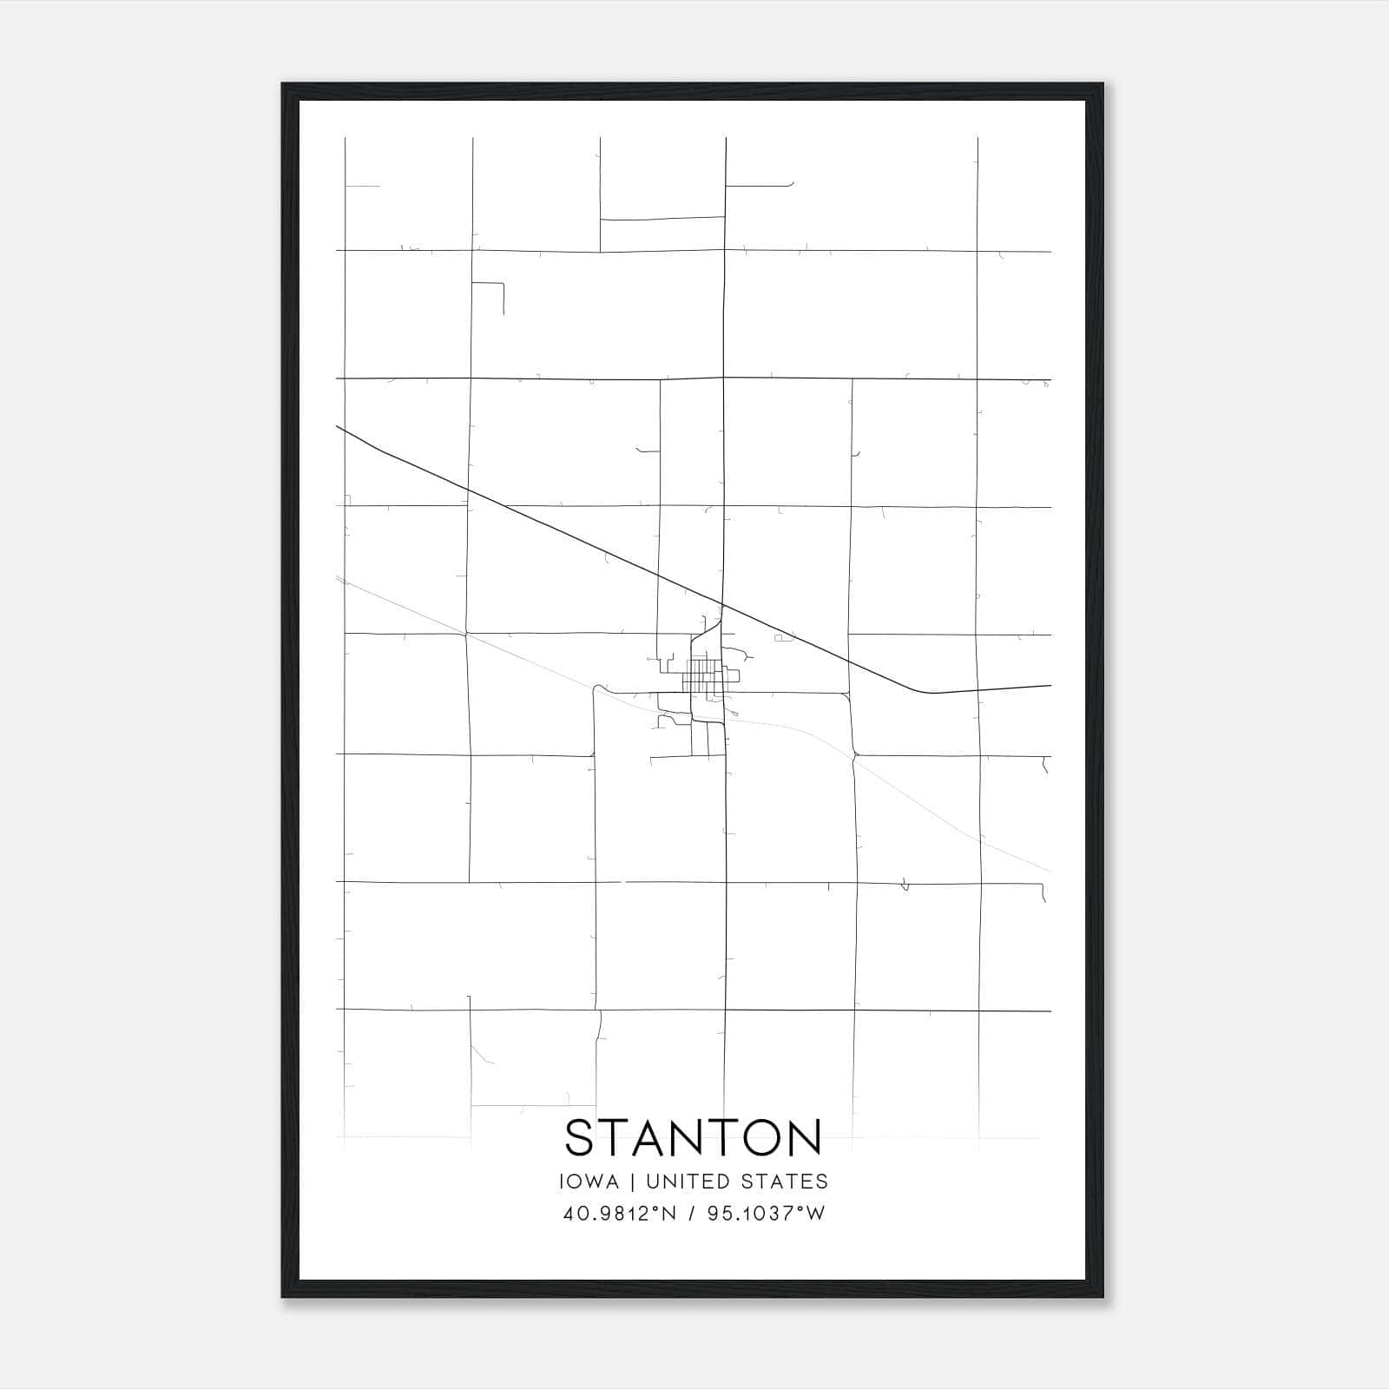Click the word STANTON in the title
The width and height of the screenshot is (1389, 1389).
[x=693, y=1138]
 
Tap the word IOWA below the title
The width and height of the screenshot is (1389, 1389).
[x=590, y=1182]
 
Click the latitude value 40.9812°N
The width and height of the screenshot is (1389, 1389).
[x=617, y=1213]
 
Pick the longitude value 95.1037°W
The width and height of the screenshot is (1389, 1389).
[x=766, y=1213]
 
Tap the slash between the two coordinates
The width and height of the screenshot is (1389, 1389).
[x=692, y=1213]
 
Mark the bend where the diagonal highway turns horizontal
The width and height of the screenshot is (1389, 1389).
[x=925, y=692]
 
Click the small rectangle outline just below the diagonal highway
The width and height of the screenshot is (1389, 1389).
[x=785, y=638]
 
